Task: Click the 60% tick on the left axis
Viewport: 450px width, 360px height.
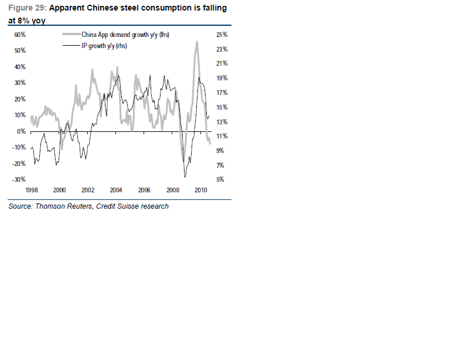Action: point(19,35)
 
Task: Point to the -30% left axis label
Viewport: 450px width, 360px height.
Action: point(18,179)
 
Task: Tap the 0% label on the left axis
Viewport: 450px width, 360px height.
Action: point(21,131)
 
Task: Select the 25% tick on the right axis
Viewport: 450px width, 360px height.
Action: point(221,35)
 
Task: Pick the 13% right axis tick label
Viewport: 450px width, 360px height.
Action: point(221,122)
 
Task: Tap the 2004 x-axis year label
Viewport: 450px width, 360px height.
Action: point(116,190)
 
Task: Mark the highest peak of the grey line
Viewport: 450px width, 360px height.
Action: point(197,41)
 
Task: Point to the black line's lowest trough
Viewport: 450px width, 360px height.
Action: point(185,177)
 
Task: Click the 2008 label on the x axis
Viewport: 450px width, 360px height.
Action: point(173,190)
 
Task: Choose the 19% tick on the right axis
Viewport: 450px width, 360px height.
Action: point(221,78)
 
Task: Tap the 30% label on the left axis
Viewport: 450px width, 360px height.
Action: point(19,83)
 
